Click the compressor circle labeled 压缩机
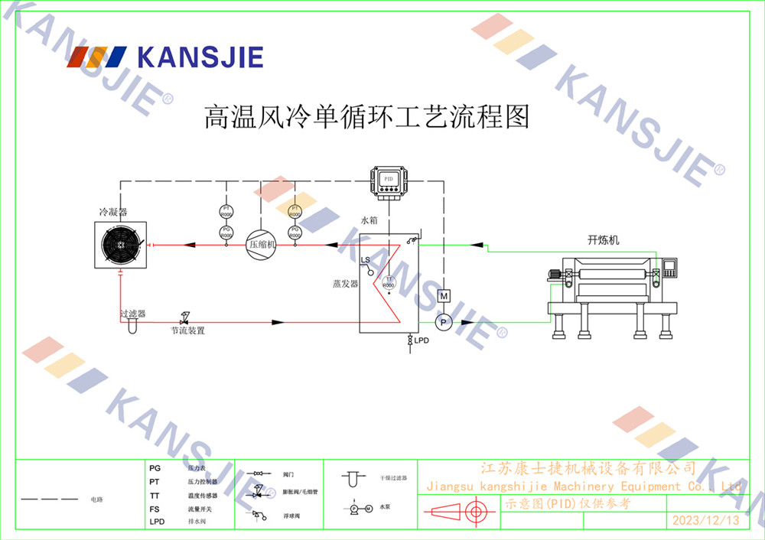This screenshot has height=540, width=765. pyautogui.click(x=261, y=245)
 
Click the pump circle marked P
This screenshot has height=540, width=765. pyautogui.click(x=443, y=323)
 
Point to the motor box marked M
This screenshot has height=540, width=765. pyautogui.click(x=443, y=296)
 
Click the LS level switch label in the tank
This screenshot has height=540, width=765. pyautogui.click(x=366, y=260)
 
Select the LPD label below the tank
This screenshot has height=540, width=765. pyautogui.click(x=422, y=350)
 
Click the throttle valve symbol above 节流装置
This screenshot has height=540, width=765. pyautogui.click(x=184, y=317)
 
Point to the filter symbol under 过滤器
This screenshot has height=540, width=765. pyautogui.click(x=131, y=325)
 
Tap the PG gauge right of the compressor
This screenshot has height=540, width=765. pyautogui.click(x=295, y=231)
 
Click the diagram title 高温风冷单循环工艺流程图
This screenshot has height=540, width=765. pyautogui.click(x=366, y=117)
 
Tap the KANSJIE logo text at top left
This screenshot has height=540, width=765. pyautogui.click(x=199, y=57)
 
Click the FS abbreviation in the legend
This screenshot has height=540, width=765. pyautogui.click(x=155, y=509)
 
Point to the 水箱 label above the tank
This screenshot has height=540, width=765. pyautogui.click(x=370, y=220)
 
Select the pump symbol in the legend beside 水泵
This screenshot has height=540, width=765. pyautogui.click(x=357, y=508)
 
